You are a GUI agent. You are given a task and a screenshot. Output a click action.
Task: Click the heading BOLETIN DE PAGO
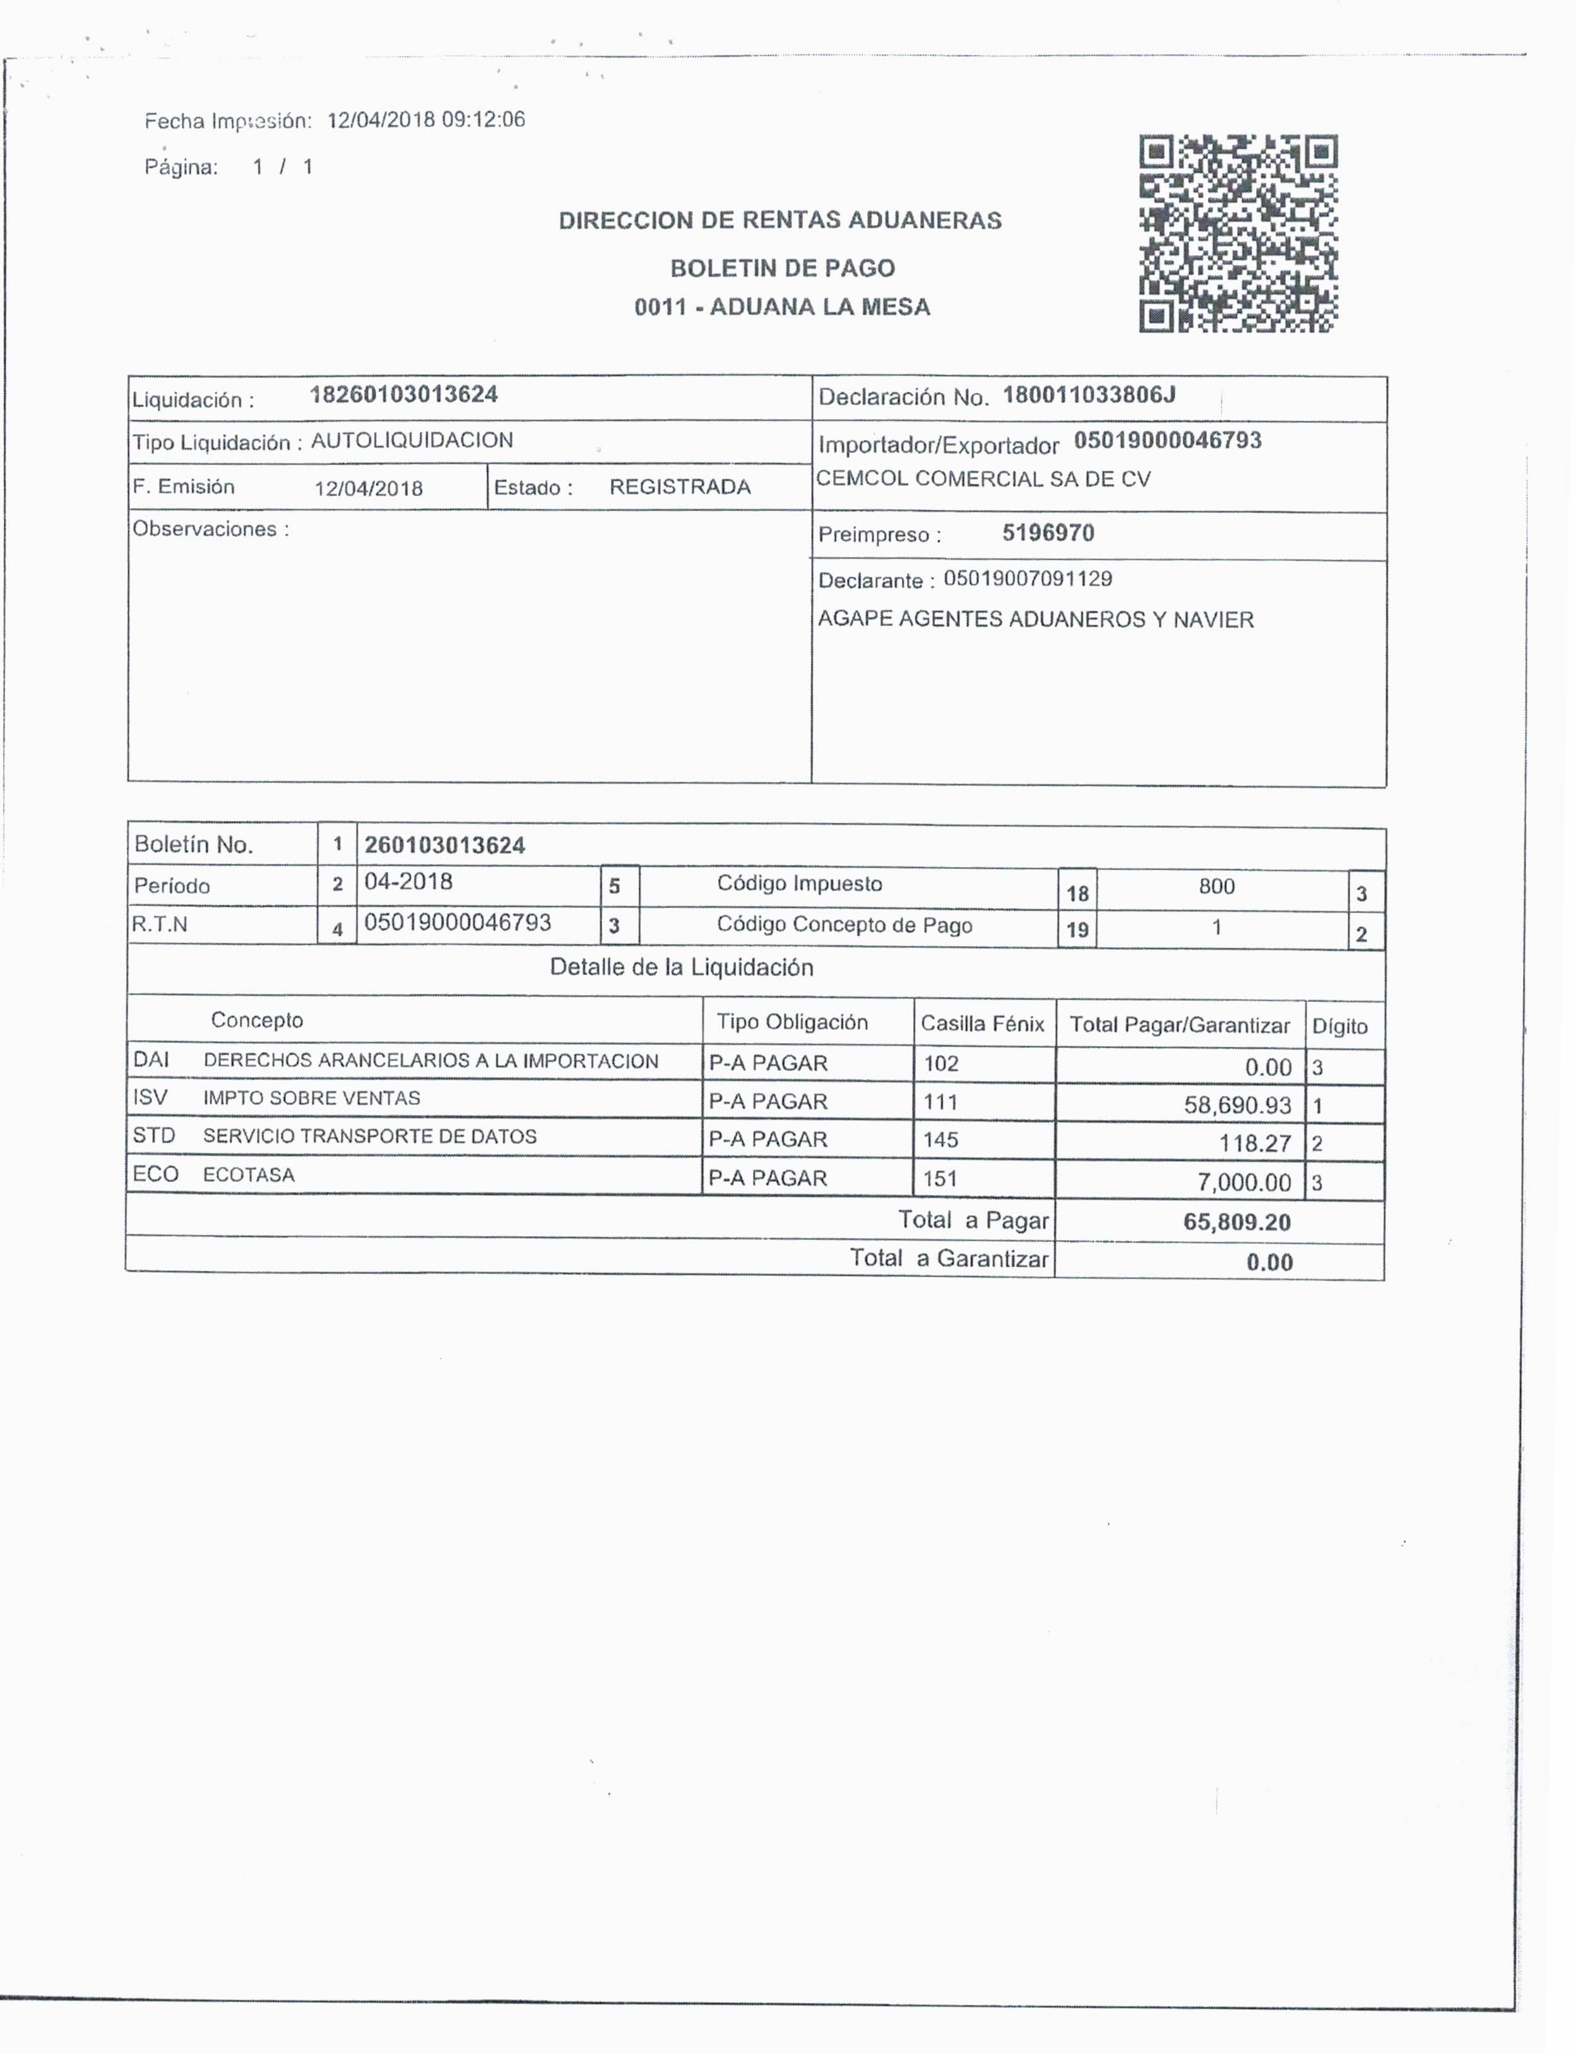pyautogui.click(x=783, y=268)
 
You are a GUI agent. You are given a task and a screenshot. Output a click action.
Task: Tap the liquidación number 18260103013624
pyautogui.click(x=403, y=394)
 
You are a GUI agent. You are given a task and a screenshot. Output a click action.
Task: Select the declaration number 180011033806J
pyautogui.click(x=1088, y=395)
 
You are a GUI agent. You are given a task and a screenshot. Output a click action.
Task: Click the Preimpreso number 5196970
pyautogui.click(x=1048, y=533)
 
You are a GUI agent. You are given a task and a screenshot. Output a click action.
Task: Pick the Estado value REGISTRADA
pyautogui.click(x=680, y=487)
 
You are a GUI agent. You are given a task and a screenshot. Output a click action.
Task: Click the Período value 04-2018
pyautogui.click(x=408, y=882)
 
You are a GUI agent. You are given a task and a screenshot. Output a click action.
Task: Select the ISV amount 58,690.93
pyautogui.click(x=1236, y=1105)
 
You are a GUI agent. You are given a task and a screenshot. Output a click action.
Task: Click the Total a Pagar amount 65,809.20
pyautogui.click(x=1236, y=1222)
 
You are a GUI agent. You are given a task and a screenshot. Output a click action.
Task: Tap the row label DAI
pyautogui.click(x=151, y=1060)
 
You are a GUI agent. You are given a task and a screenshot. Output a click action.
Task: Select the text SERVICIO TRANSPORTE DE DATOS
pyautogui.click(x=370, y=1136)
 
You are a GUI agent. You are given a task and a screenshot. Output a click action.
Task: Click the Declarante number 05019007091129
pyautogui.click(x=1028, y=578)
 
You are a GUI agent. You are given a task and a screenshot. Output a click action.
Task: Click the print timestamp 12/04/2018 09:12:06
pyautogui.click(x=426, y=119)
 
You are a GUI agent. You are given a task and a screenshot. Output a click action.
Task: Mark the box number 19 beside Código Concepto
pyautogui.click(x=1076, y=930)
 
